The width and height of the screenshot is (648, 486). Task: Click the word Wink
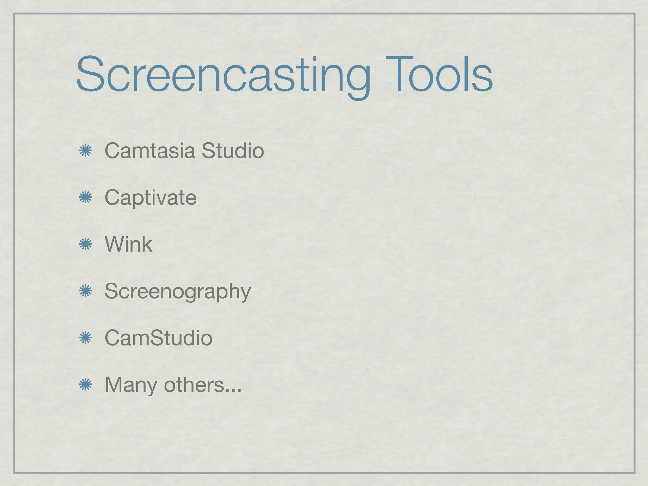[128, 244]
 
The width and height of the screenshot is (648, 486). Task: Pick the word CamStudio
[158, 338]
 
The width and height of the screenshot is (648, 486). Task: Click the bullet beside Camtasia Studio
[85, 151]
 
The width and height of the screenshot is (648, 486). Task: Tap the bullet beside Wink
[85, 245]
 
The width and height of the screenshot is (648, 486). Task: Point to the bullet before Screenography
[85, 291]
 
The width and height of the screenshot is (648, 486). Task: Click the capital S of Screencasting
[90, 75]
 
